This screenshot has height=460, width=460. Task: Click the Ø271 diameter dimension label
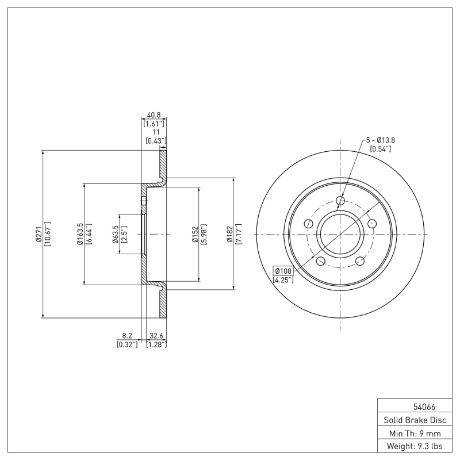38,234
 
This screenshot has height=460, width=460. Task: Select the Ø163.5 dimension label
79,234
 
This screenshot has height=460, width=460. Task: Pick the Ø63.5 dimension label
115,234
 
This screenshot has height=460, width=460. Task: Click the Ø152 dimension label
195,234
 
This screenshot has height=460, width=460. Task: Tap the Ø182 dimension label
229,234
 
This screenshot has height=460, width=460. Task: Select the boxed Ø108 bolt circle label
283,270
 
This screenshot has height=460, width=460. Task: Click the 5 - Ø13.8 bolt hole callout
380,140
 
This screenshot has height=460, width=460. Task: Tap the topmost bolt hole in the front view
340,201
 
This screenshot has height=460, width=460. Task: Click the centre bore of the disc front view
340,234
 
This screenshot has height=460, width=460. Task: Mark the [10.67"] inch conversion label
47,234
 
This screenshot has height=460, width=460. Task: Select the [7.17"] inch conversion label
238,234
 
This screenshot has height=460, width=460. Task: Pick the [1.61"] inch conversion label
154,123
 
